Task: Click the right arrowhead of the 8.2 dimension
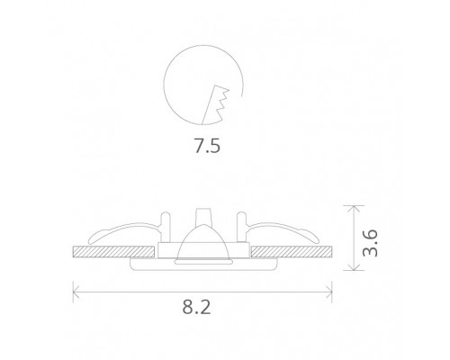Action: (x=332, y=291)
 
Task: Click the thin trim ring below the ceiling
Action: (x=203, y=265)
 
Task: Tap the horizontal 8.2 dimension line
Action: (x=135, y=291)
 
